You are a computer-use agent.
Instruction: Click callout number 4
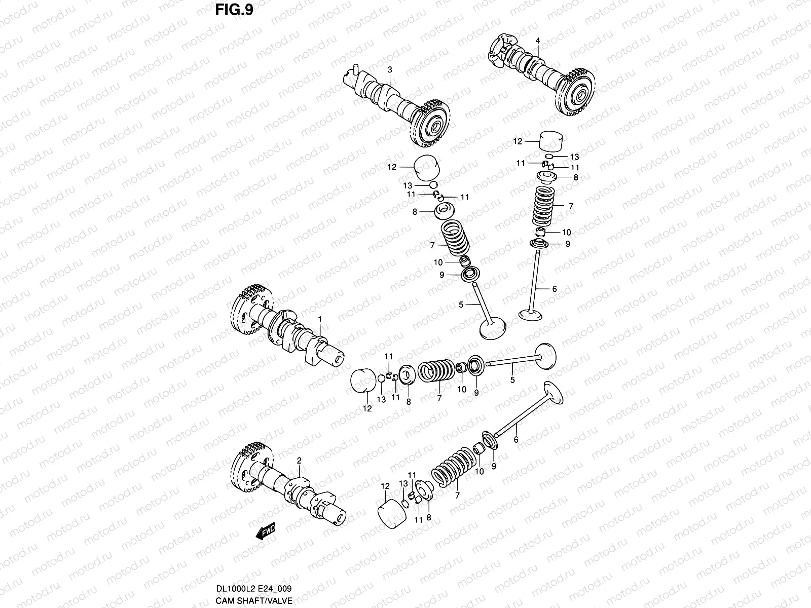pos(538,41)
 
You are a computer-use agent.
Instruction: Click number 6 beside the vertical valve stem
pos(555,289)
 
